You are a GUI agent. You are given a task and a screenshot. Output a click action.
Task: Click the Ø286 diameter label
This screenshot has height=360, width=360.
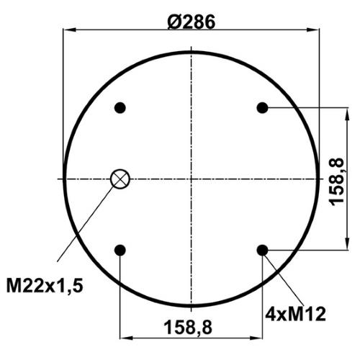tap(192, 22)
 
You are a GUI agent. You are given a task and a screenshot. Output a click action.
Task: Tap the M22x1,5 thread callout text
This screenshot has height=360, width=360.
tap(45, 286)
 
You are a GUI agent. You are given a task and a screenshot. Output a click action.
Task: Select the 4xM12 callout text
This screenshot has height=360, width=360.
tap(295, 314)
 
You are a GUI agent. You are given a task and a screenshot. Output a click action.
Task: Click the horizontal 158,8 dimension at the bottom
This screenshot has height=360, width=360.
tap(188, 328)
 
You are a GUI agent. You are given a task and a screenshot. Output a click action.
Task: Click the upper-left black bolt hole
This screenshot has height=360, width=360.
tap(120, 108)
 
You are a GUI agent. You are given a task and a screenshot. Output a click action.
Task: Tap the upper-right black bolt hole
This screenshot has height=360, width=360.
tap(262, 108)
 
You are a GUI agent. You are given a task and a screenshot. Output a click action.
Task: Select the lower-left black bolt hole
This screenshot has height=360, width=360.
tap(120, 251)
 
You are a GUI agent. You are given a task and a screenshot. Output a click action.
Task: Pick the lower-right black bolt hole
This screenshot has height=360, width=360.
tap(262, 251)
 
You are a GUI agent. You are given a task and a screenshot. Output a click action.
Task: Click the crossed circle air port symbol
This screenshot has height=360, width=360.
tap(120, 179)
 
